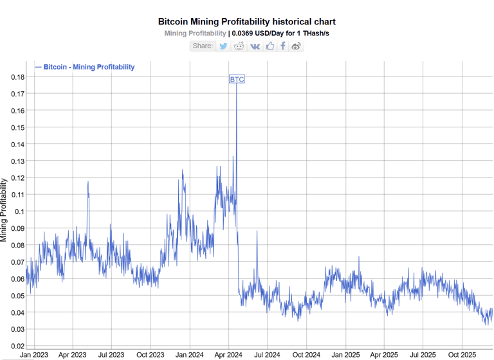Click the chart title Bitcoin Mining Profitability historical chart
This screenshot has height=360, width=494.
tap(247, 22)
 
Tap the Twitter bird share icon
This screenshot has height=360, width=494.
tap(223, 46)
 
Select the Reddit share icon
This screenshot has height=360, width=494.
tap(239, 46)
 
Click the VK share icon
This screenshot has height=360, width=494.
tap(255, 46)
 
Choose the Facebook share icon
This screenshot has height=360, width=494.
tap(283, 46)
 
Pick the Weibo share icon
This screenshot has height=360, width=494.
tap(297, 46)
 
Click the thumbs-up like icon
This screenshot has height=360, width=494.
tap(270, 46)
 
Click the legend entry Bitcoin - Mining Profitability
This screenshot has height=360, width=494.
tap(84, 67)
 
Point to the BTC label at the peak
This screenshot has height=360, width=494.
tap(237, 80)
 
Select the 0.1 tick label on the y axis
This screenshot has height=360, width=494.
tap(21, 212)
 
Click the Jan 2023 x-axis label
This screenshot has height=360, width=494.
tap(33, 354)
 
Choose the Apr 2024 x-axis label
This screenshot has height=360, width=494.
tap(228, 354)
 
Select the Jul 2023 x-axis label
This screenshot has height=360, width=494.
tap(111, 354)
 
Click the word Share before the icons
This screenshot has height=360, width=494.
tap(203, 46)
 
